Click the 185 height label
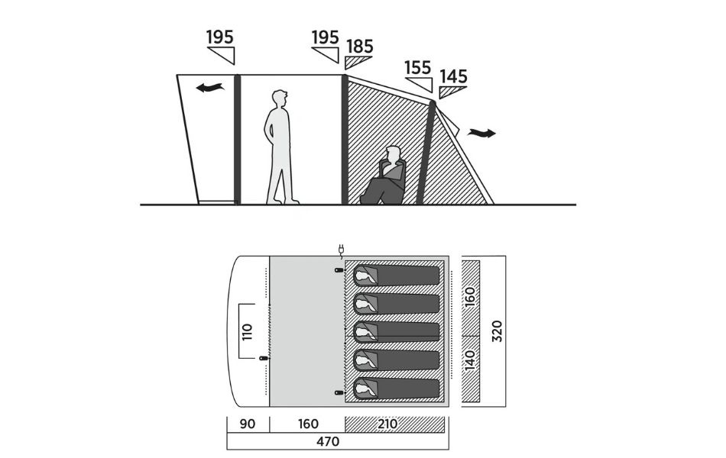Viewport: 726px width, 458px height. click(360, 46)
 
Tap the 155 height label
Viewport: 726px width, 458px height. click(417, 67)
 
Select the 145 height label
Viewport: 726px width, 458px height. click(453, 77)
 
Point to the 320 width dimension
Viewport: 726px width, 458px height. click(497, 330)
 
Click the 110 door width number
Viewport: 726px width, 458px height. click(246, 331)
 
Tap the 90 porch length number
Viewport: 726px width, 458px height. click(248, 424)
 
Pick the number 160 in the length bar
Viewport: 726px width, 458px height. click(307, 424)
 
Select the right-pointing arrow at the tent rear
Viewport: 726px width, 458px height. click(481, 134)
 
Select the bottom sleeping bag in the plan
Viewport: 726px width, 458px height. click(397, 387)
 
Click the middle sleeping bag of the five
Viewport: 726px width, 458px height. click(397, 331)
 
